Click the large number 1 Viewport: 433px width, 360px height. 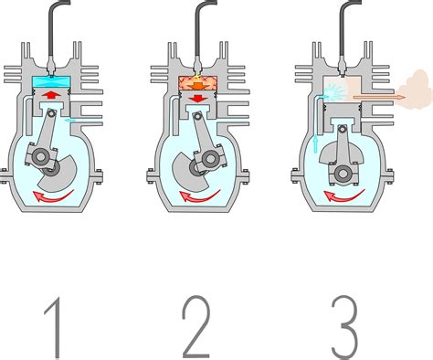(x=55, y=327)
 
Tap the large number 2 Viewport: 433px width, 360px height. (x=196, y=326)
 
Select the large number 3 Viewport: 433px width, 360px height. (x=344, y=326)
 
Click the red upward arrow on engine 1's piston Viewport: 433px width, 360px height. (x=51, y=95)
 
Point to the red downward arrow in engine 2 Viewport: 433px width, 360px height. (x=198, y=98)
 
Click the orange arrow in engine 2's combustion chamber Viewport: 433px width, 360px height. (x=198, y=86)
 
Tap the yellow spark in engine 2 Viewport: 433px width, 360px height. (x=197, y=76)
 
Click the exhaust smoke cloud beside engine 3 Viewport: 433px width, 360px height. (x=415, y=89)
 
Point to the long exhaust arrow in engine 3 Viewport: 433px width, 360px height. (x=379, y=97)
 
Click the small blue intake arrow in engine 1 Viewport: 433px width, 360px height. (x=69, y=121)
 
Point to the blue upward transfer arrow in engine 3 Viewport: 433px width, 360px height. (x=315, y=143)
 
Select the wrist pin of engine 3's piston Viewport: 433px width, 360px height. (x=343, y=129)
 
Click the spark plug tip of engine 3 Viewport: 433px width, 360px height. (x=343, y=73)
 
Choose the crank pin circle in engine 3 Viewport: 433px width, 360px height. (x=343, y=174)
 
